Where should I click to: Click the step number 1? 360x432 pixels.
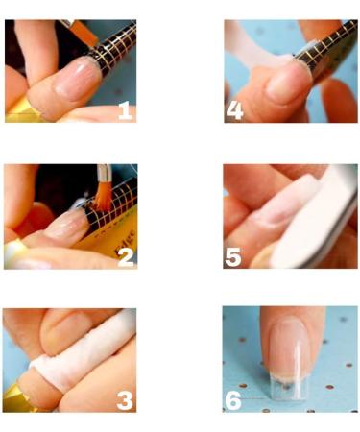point(124,110)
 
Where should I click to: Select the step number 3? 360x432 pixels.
point(124,397)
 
